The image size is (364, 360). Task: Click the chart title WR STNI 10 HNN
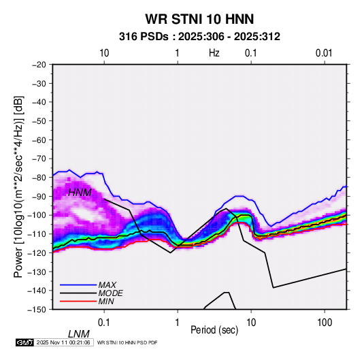click(x=199, y=19)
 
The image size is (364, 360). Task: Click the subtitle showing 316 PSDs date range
click(x=199, y=37)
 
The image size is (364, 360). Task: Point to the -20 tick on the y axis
click(x=39, y=65)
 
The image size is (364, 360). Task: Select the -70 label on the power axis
click(x=39, y=159)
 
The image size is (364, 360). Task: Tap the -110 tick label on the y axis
click(x=37, y=234)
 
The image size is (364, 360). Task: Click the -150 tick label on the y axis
click(x=37, y=310)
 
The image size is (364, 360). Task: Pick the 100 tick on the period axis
click(x=325, y=323)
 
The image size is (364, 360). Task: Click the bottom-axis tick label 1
click(x=178, y=323)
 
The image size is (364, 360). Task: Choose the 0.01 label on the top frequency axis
click(x=324, y=53)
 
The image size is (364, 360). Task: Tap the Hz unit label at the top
click(x=214, y=53)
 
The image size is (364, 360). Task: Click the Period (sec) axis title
click(x=214, y=330)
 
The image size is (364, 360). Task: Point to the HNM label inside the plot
click(x=80, y=193)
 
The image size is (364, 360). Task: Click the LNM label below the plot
click(x=79, y=334)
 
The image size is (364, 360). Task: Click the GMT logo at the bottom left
click(x=25, y=342)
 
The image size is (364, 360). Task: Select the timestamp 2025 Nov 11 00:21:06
click(x=63, y=342)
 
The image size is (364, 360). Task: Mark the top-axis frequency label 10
click(x=104, y=53)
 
